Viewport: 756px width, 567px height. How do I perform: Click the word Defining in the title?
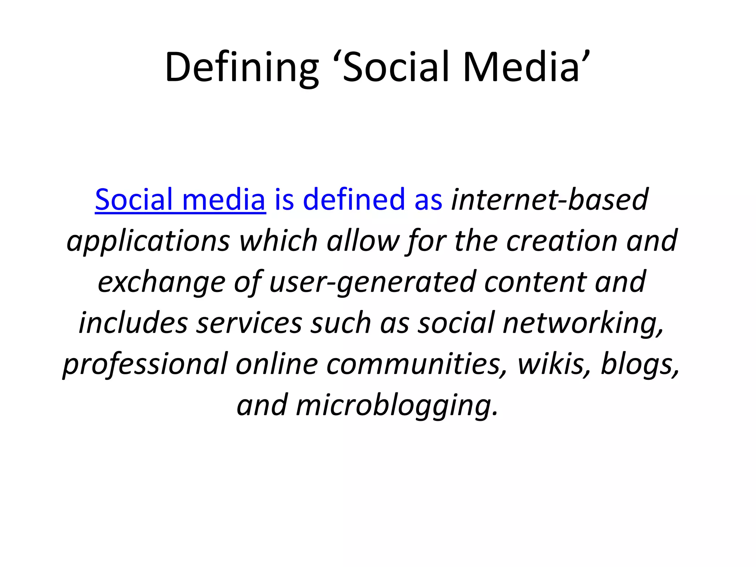click(x=241, y=68)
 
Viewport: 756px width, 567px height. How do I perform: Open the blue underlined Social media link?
click(x=180, y=200)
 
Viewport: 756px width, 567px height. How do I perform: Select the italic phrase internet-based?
click(x=549, y=200)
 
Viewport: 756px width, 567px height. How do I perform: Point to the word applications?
click(x=148, y=241)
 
